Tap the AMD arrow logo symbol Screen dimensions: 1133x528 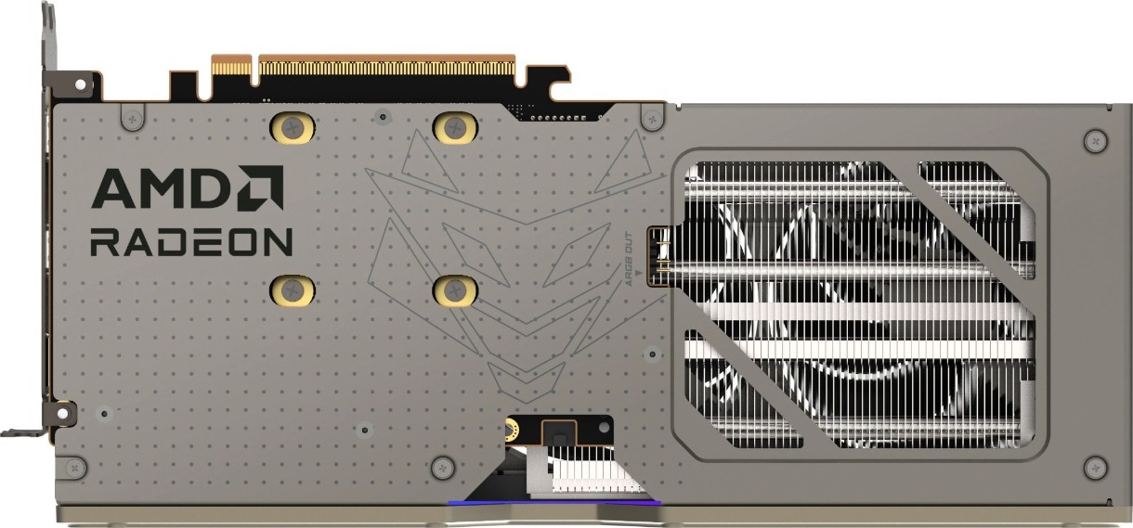[x=262, y=188]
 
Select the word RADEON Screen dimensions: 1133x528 [x=191, y=241]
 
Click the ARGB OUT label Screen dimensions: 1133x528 [x=629, y=259]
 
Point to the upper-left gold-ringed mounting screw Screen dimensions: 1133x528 [x=293, y=127]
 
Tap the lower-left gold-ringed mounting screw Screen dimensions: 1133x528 [x=293, y=290]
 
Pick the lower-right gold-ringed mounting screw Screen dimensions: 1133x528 [x=455, y=290]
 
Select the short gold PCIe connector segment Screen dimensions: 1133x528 [x=231, y=67]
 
